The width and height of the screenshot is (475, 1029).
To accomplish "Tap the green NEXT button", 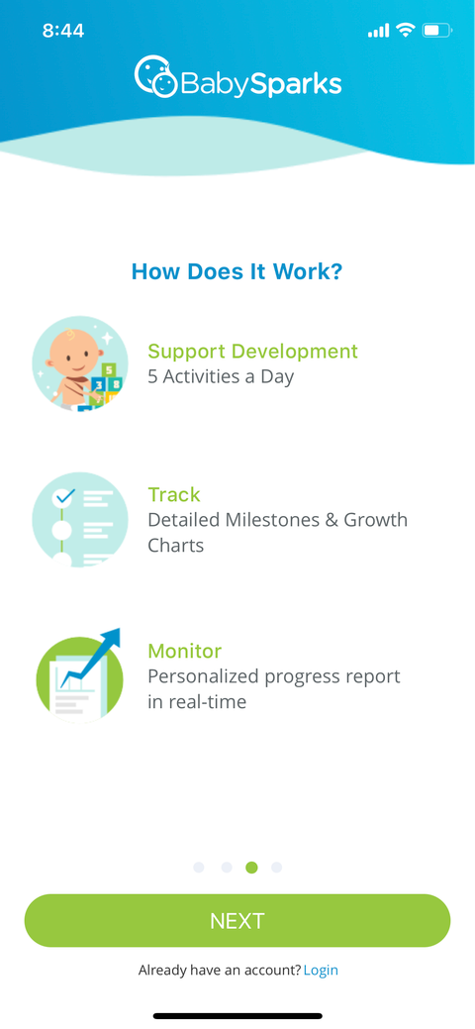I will pos(237,921).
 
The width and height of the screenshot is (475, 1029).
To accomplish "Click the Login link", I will pos(321,971).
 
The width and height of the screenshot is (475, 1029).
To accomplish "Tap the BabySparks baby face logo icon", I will pos(154,77).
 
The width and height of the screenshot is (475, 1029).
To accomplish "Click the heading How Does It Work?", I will pos(237,271).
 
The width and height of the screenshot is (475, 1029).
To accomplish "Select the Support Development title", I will pos(252,352).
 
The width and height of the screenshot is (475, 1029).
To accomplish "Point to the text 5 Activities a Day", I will pos(221,376).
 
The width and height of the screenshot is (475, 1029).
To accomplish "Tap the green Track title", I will pos(174,495).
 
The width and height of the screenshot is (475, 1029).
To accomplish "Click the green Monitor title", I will pos(184,651).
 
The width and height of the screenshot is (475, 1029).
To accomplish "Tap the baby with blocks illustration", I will pos(80,363).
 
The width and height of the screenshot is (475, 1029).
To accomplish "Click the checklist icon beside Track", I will pos(80,519).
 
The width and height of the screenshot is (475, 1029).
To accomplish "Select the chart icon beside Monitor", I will pos(79,676).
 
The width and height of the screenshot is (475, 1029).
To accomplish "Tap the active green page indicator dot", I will pos(251,868).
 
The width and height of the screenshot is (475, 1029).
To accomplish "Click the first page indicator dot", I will pos(199,868).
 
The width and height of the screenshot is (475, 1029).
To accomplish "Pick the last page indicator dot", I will pos(276,868).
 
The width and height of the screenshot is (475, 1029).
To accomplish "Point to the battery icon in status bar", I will pos(436,31).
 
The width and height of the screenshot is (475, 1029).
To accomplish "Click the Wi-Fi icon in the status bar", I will pos(405,31).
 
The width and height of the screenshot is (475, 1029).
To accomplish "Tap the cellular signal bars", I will pos(378,32).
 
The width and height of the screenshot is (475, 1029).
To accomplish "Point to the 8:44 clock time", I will pos(63,31).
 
